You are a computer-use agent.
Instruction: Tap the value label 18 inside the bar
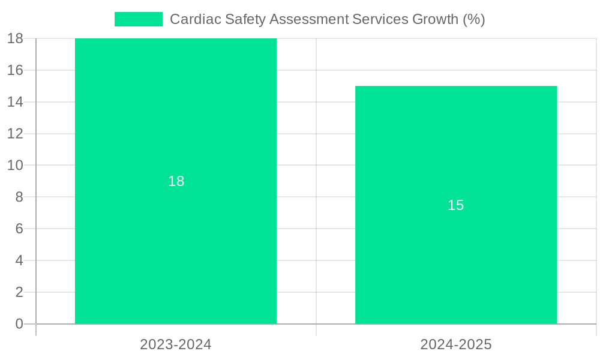(176, 181)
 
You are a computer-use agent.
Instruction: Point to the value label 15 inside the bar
(456, 205)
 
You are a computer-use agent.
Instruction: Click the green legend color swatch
(139, 19)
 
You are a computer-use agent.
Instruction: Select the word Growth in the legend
(435, 19)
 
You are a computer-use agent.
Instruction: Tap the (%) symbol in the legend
(473, 19)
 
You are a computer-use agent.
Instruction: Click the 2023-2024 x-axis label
(176, 344)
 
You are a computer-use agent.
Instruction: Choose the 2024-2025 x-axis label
(456, 344)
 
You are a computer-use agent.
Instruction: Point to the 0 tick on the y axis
(19, 324)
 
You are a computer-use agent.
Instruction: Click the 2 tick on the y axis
(19, 292)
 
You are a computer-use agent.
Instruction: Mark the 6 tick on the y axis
(19, 229)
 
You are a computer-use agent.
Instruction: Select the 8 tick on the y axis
(19, 197)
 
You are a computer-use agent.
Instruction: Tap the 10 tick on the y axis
(15, 165)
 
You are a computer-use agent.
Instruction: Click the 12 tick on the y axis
(15, 134)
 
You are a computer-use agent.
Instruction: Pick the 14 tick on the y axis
(15, 102)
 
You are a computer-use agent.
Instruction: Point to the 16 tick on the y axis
(15, 70)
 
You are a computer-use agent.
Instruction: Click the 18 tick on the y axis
(15, 38)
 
